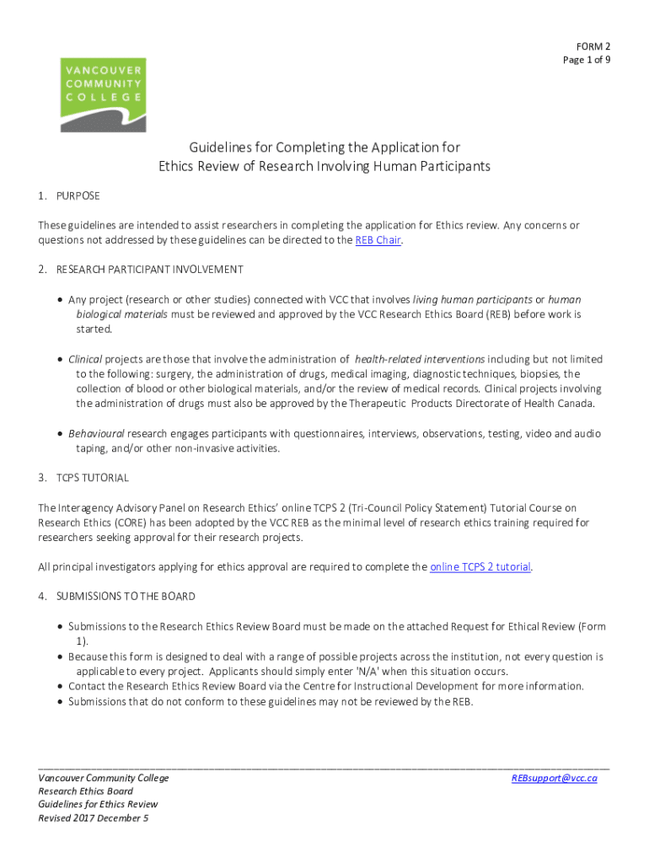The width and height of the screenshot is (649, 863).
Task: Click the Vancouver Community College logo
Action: [x=103, y=94]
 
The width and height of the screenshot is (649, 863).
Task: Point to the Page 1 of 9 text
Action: [x=587, y=60]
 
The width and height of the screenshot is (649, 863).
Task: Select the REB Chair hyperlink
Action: [x=378, y=240]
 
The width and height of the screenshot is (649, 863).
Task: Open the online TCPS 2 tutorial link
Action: [x=480, y=567]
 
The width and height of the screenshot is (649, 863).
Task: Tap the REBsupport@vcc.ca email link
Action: [x=554, y=779]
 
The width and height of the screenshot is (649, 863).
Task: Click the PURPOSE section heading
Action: [x=78, y=196]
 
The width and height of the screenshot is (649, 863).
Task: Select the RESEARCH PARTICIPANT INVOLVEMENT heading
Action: [x=149, y=270]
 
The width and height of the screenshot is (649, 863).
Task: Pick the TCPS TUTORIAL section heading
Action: [x=92, y=478]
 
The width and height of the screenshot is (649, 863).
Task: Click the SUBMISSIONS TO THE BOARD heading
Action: [x=126, y=597]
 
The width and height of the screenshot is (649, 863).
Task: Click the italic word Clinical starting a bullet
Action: [x=85, y=359]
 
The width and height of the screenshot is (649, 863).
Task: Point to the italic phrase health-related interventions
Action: [x=420, y=359]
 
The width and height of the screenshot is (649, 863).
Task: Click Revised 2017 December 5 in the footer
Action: [x=94, y=817]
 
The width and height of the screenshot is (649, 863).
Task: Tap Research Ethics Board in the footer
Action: [x=85, y=791]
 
